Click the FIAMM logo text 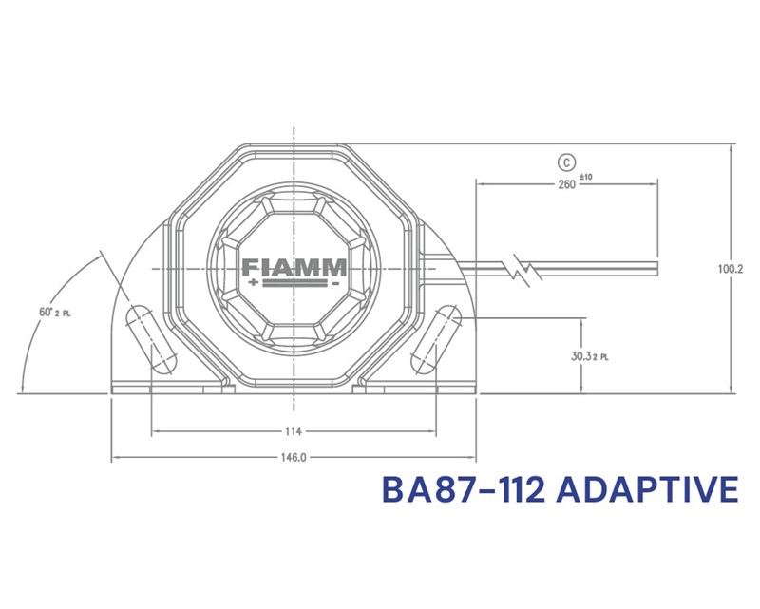(294, 267)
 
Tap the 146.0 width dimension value (294, 458)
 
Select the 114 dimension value (294, 431)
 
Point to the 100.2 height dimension (731, 269)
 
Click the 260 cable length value (566, 184)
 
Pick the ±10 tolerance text (585, 177)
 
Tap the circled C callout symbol (566, 162)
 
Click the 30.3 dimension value (581, 356)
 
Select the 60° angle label (46, 313)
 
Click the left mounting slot (151, 339)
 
